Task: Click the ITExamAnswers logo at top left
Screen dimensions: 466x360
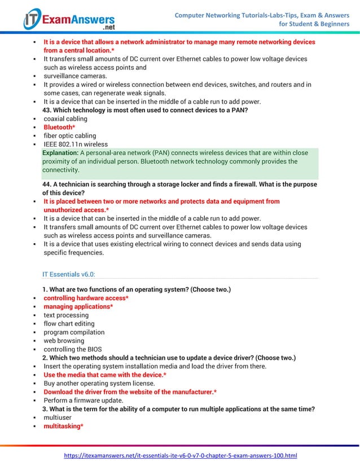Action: tap(69, 20)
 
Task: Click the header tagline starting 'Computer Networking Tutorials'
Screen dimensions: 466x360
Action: tap(262, 20)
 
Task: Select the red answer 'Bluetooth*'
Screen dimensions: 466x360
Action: tap(59, 128)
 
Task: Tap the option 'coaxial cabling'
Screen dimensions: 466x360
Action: tap(65, 119)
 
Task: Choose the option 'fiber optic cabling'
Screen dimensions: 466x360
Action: tap(70, 136)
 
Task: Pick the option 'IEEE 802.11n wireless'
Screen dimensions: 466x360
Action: tap(76, 144)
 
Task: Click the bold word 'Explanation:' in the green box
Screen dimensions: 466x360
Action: tap(60, 153)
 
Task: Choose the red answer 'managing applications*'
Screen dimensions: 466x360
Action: tap(78, 306)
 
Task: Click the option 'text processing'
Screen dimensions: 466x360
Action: tap(66, 315)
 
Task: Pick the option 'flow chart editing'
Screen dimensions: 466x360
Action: tap(69, 324)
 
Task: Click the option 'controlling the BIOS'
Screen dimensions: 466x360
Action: tap(73, 349)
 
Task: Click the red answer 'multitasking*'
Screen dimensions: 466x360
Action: tap(63, 426)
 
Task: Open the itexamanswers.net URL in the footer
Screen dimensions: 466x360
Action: tap(180, 455)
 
